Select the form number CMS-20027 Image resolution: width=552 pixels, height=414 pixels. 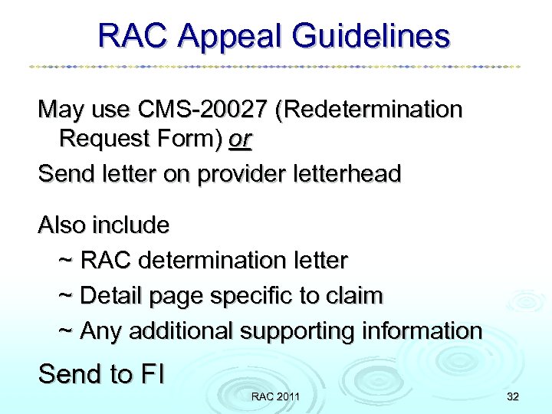(200, 110)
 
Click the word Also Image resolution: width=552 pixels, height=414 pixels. (62, 225)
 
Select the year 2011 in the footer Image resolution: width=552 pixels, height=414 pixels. (287, 396)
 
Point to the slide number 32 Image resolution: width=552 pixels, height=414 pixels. (512, 396)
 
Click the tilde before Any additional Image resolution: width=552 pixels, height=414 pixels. (66, 331)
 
